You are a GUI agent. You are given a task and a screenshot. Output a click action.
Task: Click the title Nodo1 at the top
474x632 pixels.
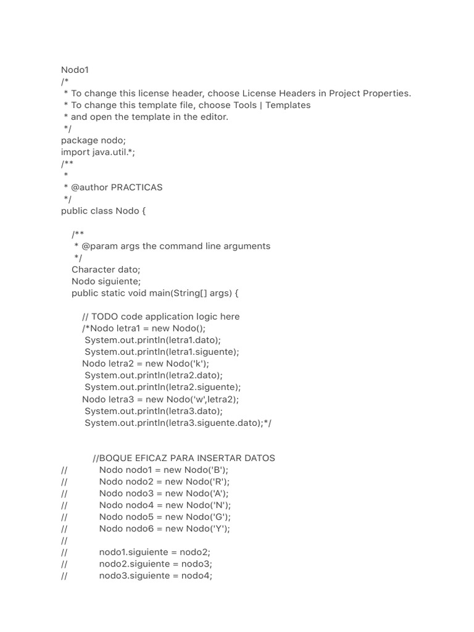(75, 70)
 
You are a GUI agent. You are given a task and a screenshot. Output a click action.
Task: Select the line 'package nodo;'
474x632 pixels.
(93, 140)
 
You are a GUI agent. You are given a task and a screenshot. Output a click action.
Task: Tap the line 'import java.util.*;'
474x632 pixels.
(98, 152)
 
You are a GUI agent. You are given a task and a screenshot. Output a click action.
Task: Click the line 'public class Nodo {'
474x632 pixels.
(103, 210)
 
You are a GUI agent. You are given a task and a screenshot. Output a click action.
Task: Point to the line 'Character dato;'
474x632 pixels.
(106, 269)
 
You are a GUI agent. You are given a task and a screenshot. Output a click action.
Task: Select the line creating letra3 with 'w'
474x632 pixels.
(160, 399)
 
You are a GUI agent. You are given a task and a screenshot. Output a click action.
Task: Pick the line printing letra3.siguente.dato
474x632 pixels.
(178, 423)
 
